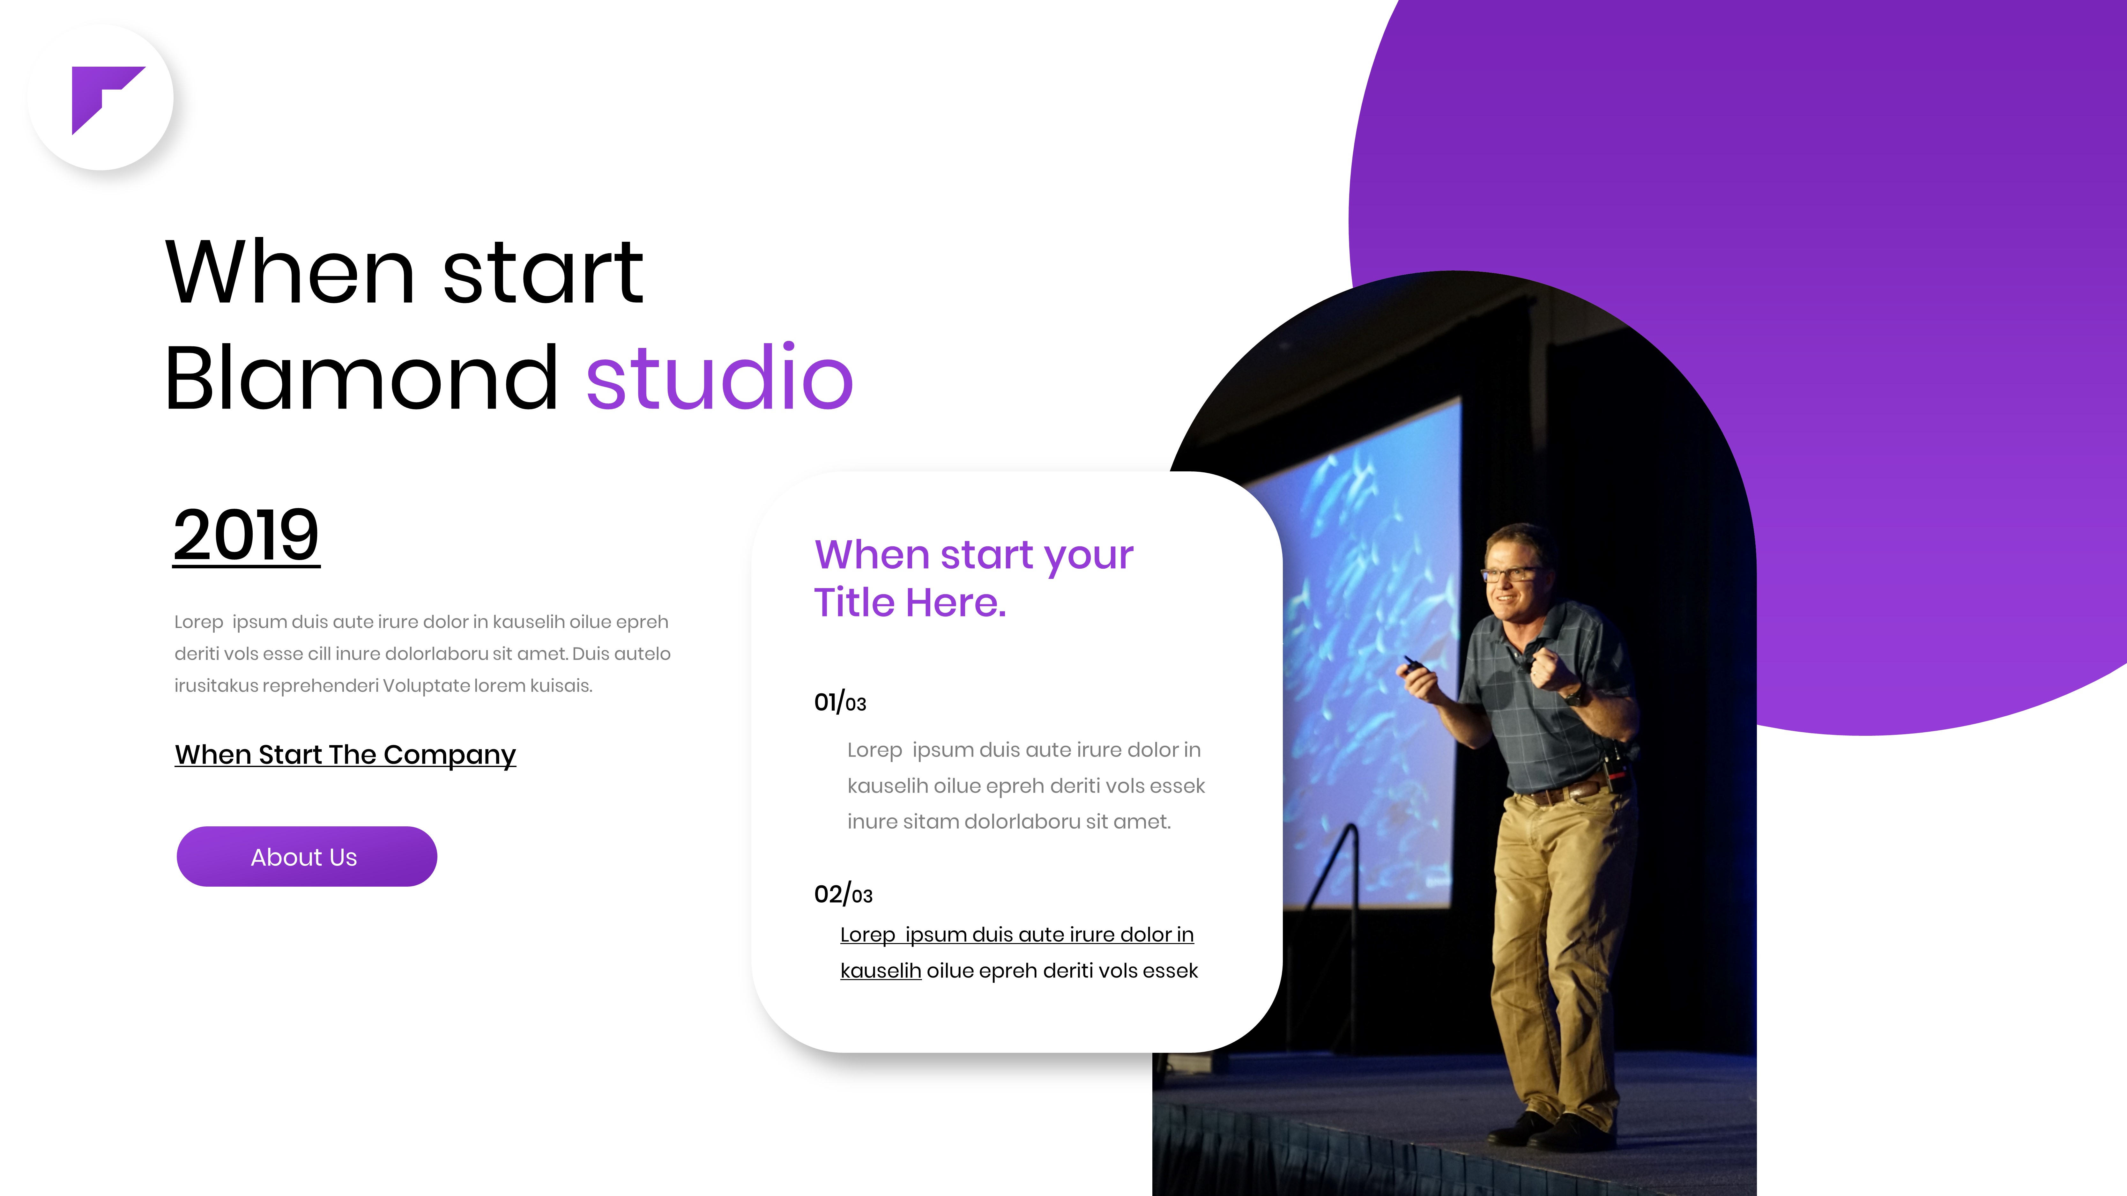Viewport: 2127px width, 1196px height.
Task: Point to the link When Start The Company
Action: (345, 754)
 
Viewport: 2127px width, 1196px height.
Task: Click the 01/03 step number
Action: (840, 702)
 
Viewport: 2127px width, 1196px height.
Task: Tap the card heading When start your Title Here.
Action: (973, 578)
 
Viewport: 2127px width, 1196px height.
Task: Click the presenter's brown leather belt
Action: (1561, 792)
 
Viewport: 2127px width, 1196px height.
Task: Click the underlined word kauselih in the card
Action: (880, 971)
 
